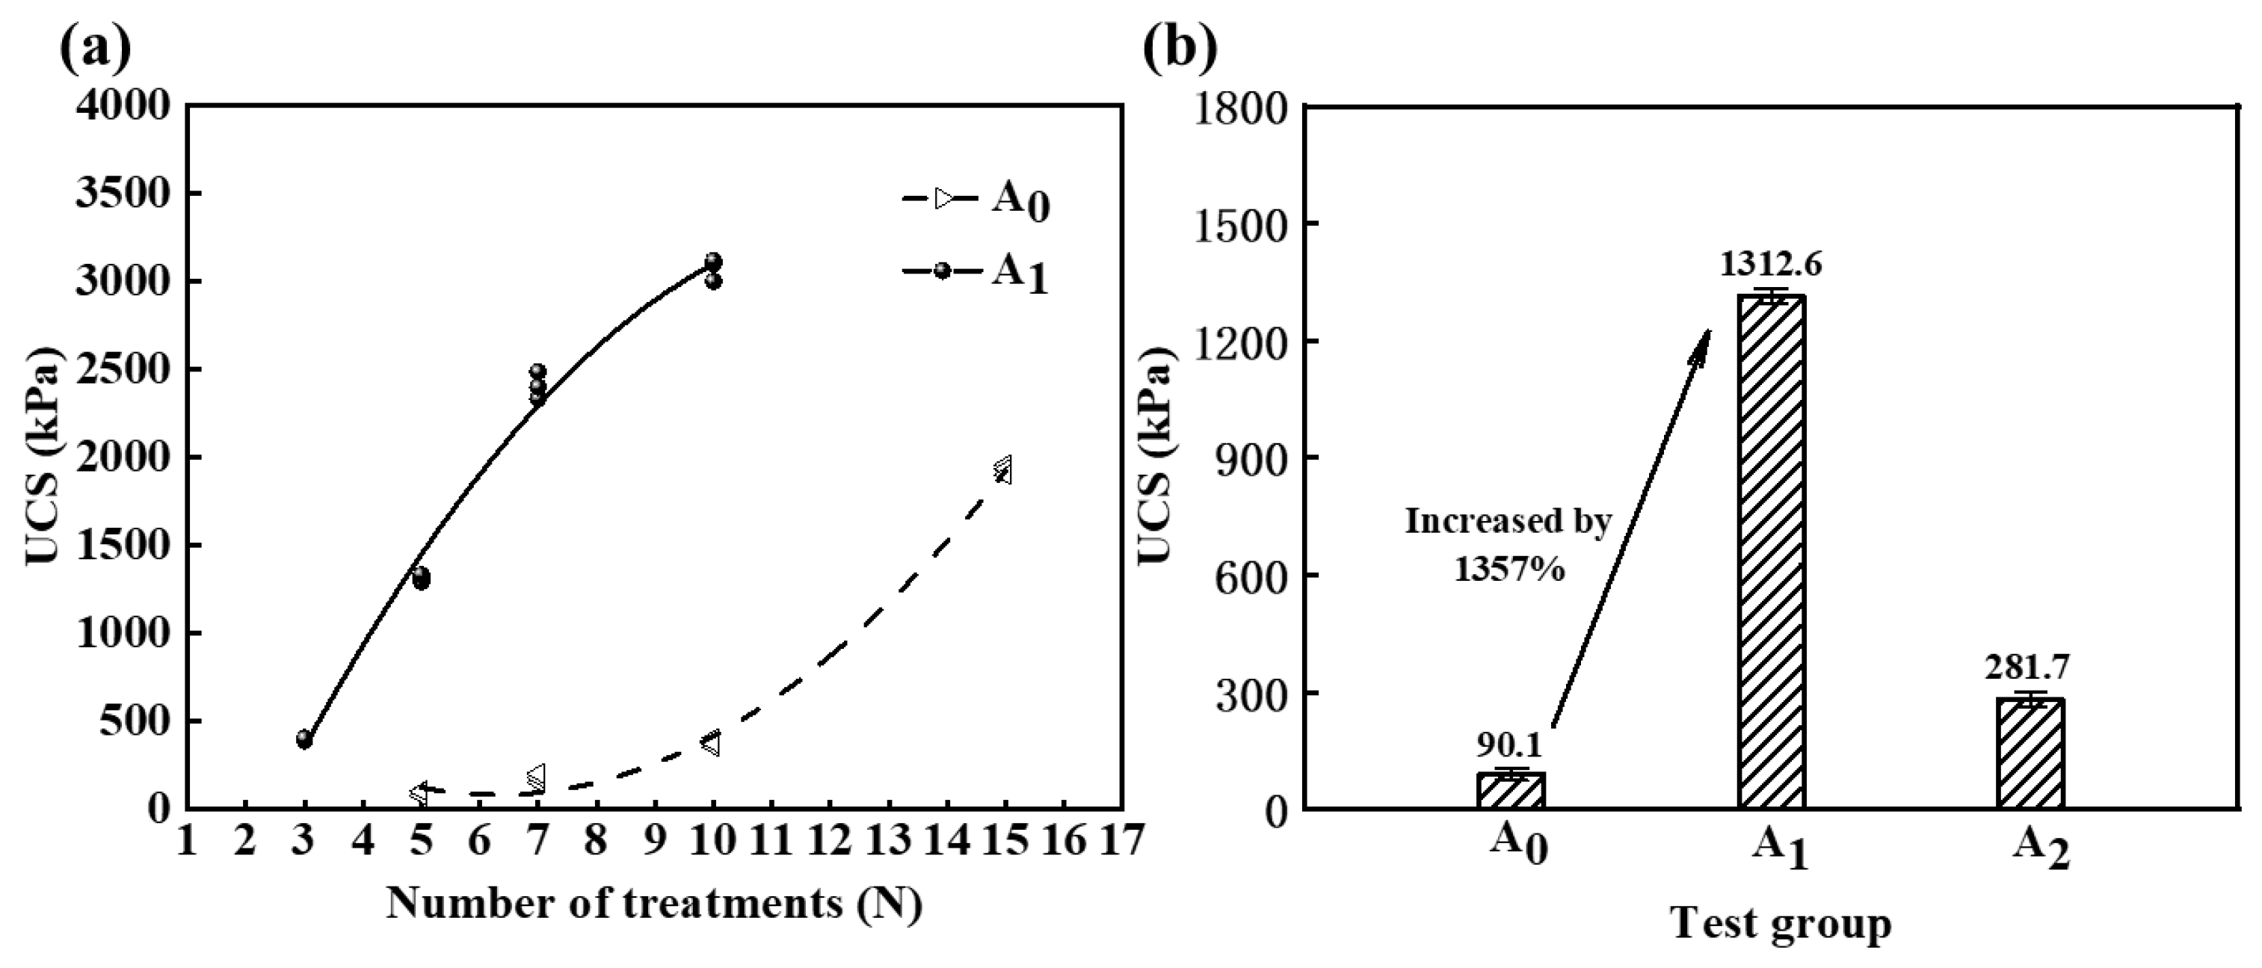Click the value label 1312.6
tap(1770, 264)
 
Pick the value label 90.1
tap(1508, 745)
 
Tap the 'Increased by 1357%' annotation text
tap(1508, 545)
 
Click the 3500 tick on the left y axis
tap(123, 194)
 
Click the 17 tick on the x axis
tap(1122, 842)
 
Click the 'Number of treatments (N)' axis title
tap(654, 904)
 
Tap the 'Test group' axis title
tap(1781, 924)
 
